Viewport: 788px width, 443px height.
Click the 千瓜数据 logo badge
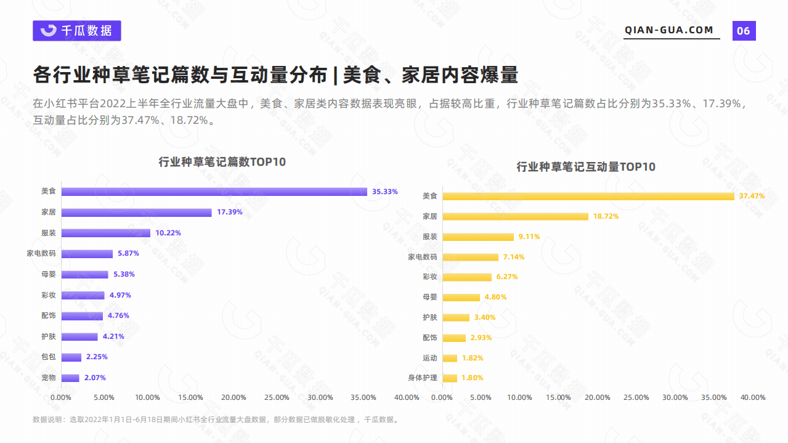pos(77,31)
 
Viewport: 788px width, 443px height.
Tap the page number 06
pos(744,31)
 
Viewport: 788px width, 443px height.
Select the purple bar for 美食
pos(214,192)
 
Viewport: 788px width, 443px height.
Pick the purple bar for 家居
pos(136,213)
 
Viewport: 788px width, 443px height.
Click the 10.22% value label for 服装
pos(168,233)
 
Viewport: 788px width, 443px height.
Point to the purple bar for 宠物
pos(70,378)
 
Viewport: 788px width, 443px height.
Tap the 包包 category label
pos(48,357)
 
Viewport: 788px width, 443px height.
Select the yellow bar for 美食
pos(588,196)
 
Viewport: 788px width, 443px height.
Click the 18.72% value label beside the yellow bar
pos(606,216)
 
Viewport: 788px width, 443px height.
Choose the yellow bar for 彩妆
pos(467,277)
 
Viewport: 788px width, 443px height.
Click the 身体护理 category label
pos(422,378)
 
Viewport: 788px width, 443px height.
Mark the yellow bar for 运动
pos(450,358)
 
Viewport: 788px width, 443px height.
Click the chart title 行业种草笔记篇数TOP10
pos(222,162)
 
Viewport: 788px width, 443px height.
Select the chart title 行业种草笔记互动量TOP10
pos(585,167)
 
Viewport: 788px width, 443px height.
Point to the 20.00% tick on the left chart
pos(234,397)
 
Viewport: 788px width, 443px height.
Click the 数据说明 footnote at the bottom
pos(216,420)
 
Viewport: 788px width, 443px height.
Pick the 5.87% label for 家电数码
pos(128,253)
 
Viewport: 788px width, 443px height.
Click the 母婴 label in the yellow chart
pos(429,297)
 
